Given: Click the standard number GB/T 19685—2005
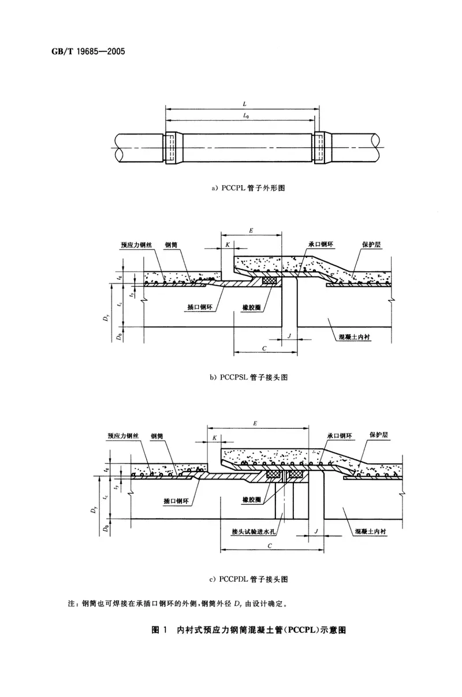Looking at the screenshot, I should [x=85, y=51].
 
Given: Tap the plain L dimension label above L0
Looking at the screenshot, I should [x=244, y=104].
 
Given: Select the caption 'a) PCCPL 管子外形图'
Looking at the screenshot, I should [x=249, y=188].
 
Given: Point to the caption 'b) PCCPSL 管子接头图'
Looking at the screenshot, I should [x=249, y=377].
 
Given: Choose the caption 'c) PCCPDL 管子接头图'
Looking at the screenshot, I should [x=249, y=578].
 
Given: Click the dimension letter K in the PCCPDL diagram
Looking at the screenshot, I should [x=214, y=438].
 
